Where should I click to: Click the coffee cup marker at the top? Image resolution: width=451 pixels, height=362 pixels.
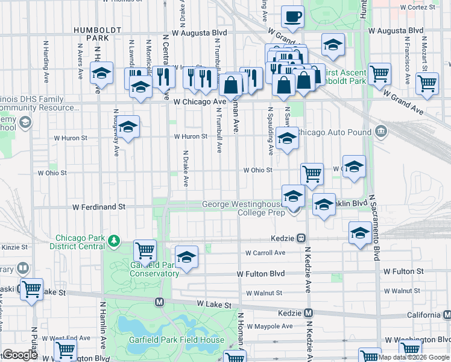[293, 18]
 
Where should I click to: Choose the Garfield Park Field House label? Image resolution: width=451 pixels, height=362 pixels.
[177, 340]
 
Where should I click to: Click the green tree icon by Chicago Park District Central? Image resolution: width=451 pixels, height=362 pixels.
[113, 242]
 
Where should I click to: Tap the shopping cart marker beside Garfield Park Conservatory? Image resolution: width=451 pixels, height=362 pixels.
[145, 250]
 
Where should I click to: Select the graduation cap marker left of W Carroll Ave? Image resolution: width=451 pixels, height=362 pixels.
[187, 256]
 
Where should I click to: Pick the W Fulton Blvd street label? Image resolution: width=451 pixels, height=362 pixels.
[260, 274]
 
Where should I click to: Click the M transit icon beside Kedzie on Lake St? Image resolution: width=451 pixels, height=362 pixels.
[308, 313]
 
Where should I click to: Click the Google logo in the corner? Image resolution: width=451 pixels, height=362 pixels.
[20, 355]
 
